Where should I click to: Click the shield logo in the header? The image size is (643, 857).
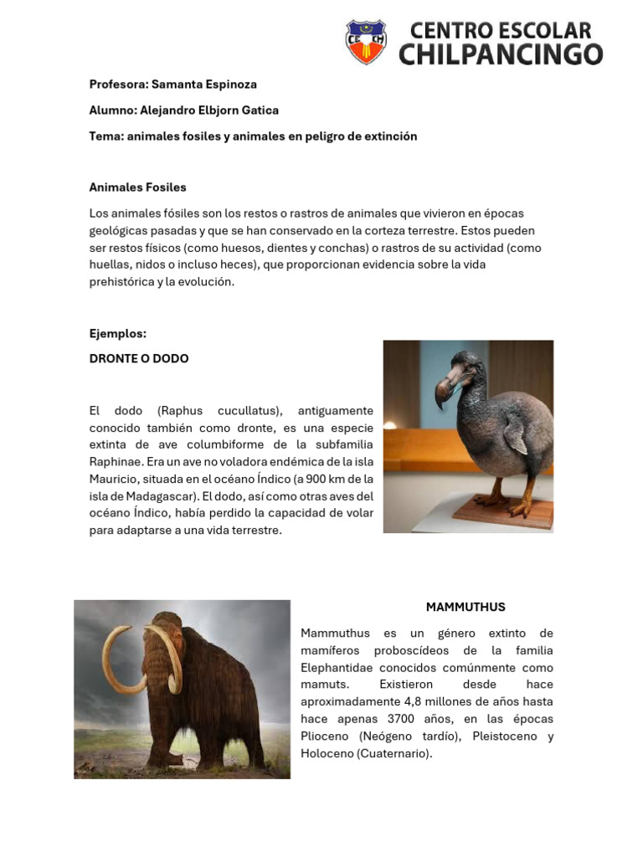pyautogui.click(x=366, y=42)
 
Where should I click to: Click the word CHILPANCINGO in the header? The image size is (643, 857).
pyautogui.click(x=501, y=54)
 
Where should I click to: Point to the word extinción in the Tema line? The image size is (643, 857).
pyautogui.click(x=388, y=136)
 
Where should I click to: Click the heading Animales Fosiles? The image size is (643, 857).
pyautogui.click(x=137, y=187)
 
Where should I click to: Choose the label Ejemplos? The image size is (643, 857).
pyautogui.click(x=118, y=334)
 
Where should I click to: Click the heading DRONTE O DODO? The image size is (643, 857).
pyautogui.click(x=139, y=359)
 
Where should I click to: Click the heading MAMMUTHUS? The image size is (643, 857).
pyautogui.click(x=466, y=608)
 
